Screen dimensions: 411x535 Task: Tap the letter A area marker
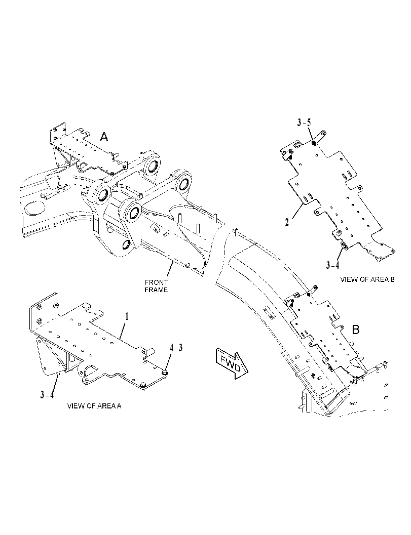click(104, 137)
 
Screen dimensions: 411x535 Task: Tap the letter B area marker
click(356, 330)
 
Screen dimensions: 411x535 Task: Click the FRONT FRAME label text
click(156, 286)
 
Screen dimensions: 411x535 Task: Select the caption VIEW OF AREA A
click(94, 406)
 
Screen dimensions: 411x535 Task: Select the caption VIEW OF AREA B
click(367, 279)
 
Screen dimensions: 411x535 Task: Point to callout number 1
click(127, 317)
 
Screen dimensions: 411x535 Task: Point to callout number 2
click(287, 222)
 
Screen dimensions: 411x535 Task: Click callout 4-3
click(176, 348)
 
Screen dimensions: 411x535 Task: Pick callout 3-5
click(304, 123)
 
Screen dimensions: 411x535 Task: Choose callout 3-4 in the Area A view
click(47, 395)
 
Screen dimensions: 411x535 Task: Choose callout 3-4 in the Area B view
click(332, 265)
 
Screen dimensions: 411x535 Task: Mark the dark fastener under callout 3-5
click(313, 143)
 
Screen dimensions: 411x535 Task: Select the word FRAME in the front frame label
click(156, 290)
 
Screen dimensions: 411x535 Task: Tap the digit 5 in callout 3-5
click(309, 123)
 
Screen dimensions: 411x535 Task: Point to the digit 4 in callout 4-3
click(172, 348)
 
